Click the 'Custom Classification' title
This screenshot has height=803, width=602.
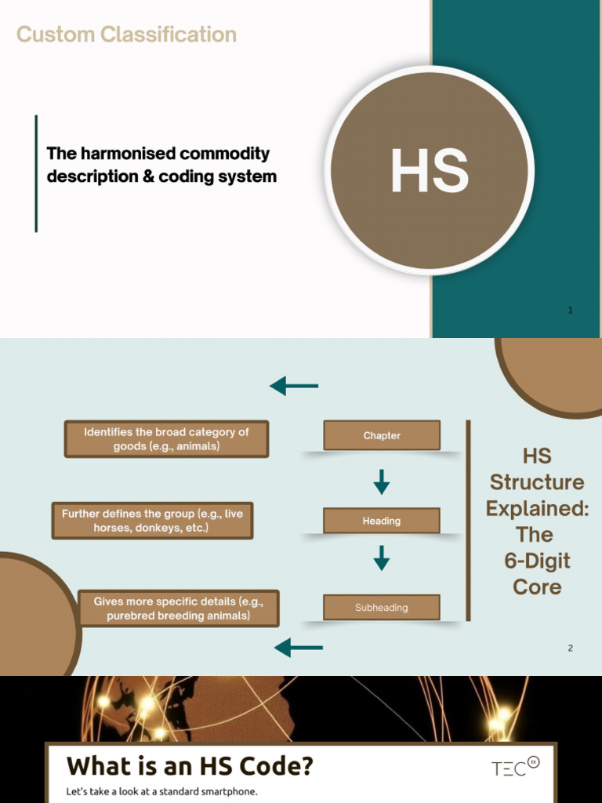click(126, 35)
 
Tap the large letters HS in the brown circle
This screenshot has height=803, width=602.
click(430, 171)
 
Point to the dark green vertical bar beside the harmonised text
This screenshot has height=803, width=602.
click(36, 173)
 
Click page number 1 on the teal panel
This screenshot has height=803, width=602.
click(571, 310)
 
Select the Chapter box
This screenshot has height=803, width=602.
click(382, 435)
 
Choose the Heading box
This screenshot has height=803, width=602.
click(382, 521)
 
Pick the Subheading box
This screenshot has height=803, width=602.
click(382, 608)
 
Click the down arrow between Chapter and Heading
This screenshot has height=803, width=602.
click(382, 481)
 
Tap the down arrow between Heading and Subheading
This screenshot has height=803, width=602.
click(382, 558)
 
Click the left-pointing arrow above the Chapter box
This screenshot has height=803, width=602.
click(294, 386)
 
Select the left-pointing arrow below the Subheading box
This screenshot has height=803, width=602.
click(299, 647)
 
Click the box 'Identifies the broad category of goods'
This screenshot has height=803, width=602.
click(166, 439)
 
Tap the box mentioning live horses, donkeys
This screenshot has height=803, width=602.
click(153, 521)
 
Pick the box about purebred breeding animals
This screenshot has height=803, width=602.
click(178, 609)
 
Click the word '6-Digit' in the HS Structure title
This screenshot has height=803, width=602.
click(537, 561)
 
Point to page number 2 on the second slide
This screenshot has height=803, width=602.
click(571, 648)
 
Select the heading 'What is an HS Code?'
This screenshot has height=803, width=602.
click(190, 766)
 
